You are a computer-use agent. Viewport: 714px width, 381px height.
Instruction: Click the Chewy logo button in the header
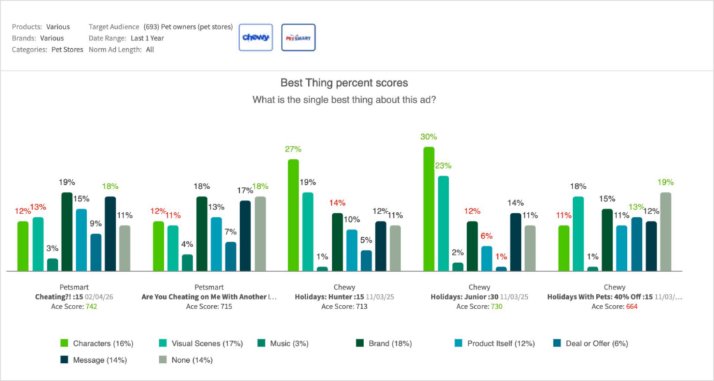click(255, 38)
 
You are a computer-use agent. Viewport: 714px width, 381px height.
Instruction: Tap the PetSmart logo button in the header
click(298, 38)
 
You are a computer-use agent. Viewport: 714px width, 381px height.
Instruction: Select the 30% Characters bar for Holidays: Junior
click(429, 209)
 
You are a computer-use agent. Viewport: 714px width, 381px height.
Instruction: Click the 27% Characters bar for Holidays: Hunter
click(294, 215)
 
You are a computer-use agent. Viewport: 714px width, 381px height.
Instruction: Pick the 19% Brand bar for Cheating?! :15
click(67, 231)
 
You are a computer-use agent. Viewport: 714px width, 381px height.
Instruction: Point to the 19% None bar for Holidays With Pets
click(665, 231)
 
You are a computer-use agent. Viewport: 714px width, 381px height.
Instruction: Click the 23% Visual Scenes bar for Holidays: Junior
click(443, 223)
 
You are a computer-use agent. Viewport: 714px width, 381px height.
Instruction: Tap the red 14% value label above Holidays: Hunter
click(337, 202)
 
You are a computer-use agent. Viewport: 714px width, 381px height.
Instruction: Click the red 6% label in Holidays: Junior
click(487, 236)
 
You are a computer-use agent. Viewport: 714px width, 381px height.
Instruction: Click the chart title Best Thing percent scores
click(344, 83)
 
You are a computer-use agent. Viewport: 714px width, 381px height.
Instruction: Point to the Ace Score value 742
click(91, 306)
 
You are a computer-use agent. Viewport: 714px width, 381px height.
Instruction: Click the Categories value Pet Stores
click(67, 50)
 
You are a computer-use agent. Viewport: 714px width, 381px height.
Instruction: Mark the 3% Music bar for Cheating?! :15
click(52, 264)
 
